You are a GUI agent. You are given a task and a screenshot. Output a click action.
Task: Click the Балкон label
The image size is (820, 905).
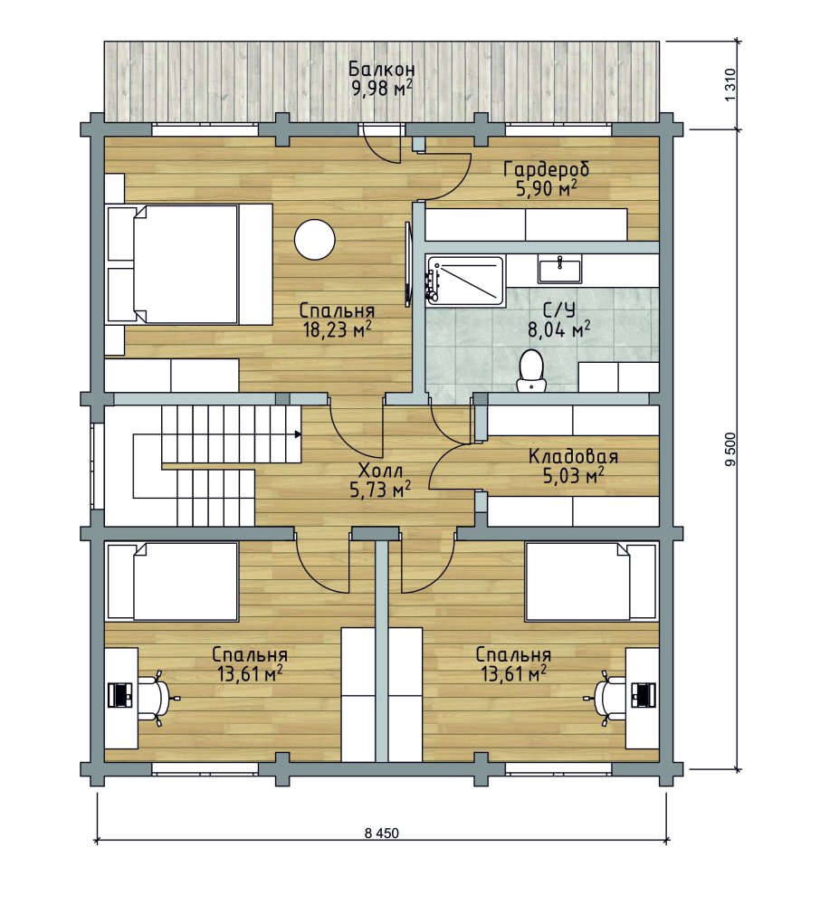click(381, 70)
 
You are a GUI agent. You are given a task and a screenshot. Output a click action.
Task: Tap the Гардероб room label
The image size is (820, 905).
click(547, 170)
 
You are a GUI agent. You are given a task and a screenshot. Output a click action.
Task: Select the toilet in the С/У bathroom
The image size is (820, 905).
click(531, 371)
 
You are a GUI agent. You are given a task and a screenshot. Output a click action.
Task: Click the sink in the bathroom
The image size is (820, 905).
click(559, 270)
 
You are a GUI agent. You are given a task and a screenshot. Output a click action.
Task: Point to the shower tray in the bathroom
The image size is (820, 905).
click(465, 280)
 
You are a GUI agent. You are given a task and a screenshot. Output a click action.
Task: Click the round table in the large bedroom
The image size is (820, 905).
click(314, 240)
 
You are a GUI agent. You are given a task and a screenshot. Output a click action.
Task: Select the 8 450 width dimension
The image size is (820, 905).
click(381, 833)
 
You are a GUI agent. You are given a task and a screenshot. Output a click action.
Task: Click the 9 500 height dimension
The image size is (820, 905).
click(731, 449)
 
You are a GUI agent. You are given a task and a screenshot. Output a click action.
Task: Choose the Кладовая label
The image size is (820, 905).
click(573, 456)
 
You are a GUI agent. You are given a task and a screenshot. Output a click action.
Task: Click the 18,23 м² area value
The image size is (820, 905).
click(337, 329)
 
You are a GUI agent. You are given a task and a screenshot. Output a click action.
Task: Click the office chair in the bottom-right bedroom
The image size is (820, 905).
click(606, 698)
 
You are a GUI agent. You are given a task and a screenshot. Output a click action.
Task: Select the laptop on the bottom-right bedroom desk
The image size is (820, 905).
click(644, 694)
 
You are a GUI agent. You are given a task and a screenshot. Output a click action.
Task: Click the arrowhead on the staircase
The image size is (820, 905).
click(298, 434)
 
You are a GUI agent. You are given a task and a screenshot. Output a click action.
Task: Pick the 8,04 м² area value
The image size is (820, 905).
click(559, 330)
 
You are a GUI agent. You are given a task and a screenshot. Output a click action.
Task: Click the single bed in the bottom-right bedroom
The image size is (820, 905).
click(591, 582)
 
